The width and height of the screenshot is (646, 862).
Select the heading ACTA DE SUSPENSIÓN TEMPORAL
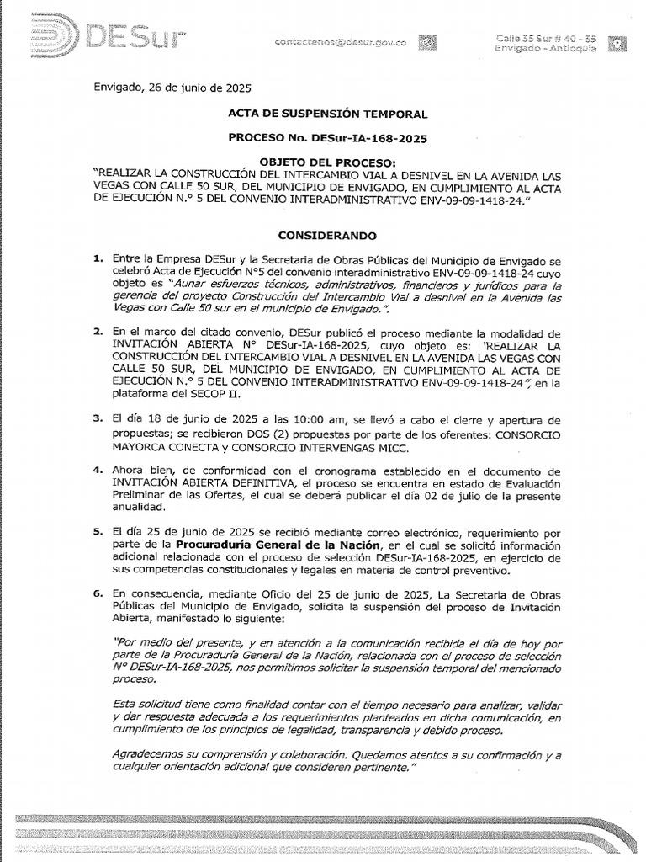point(327,114)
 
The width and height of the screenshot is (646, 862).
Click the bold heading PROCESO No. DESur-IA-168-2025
point(327,137)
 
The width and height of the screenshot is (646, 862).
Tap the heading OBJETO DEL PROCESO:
point(327,162)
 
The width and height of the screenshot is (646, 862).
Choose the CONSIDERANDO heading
point(327,236)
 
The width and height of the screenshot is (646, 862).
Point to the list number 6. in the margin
point(98,593)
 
